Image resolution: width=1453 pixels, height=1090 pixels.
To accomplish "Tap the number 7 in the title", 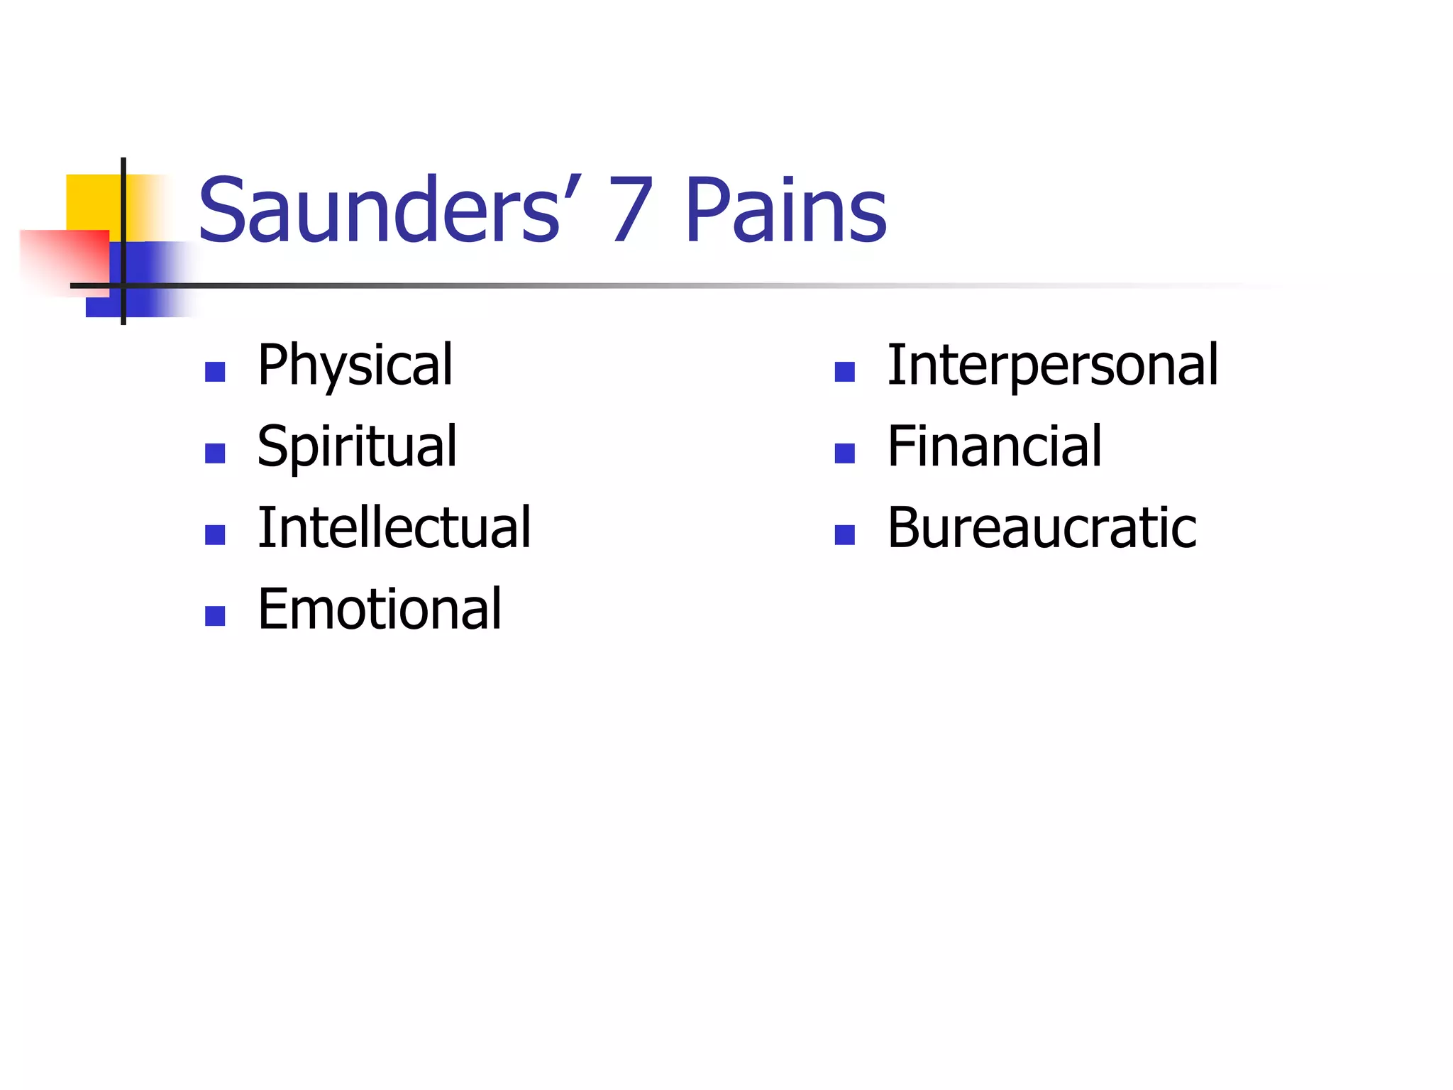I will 630,210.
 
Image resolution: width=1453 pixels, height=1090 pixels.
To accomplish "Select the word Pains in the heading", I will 785,210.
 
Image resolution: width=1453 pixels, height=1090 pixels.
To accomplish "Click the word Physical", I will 355,365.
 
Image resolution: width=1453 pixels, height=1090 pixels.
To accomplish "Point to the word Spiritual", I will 357,446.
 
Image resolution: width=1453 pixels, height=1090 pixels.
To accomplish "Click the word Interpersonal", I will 1053,365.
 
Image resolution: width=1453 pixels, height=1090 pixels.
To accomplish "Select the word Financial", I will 995,446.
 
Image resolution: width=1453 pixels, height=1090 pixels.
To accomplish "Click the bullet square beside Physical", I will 215,372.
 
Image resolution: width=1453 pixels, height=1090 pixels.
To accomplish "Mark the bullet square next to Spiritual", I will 215,453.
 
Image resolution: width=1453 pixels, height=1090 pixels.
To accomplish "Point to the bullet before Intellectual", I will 215,534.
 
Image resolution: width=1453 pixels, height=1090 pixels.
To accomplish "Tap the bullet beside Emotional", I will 215,616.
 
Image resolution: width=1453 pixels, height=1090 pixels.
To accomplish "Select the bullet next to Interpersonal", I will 845,372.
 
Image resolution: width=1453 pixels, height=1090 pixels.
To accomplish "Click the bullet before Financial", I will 845,453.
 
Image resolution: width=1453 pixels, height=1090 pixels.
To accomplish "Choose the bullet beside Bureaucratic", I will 845,534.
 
